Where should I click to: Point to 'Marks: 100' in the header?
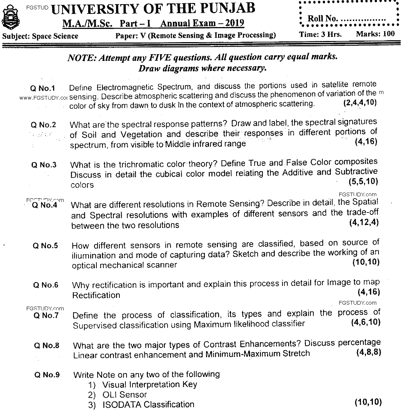tap(375, 34)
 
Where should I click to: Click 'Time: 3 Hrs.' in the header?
tap(321, 34)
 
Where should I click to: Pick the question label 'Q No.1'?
tap(43, 88)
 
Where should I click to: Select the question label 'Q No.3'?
tap(44, 165)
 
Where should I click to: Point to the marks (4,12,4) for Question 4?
tap(363, 222)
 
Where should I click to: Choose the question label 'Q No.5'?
tap(45, 246)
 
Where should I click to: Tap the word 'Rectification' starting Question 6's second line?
tap(96, 295)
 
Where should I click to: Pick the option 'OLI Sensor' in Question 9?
tap(124, 395)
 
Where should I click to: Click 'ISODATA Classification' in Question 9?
tap(148, 405)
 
